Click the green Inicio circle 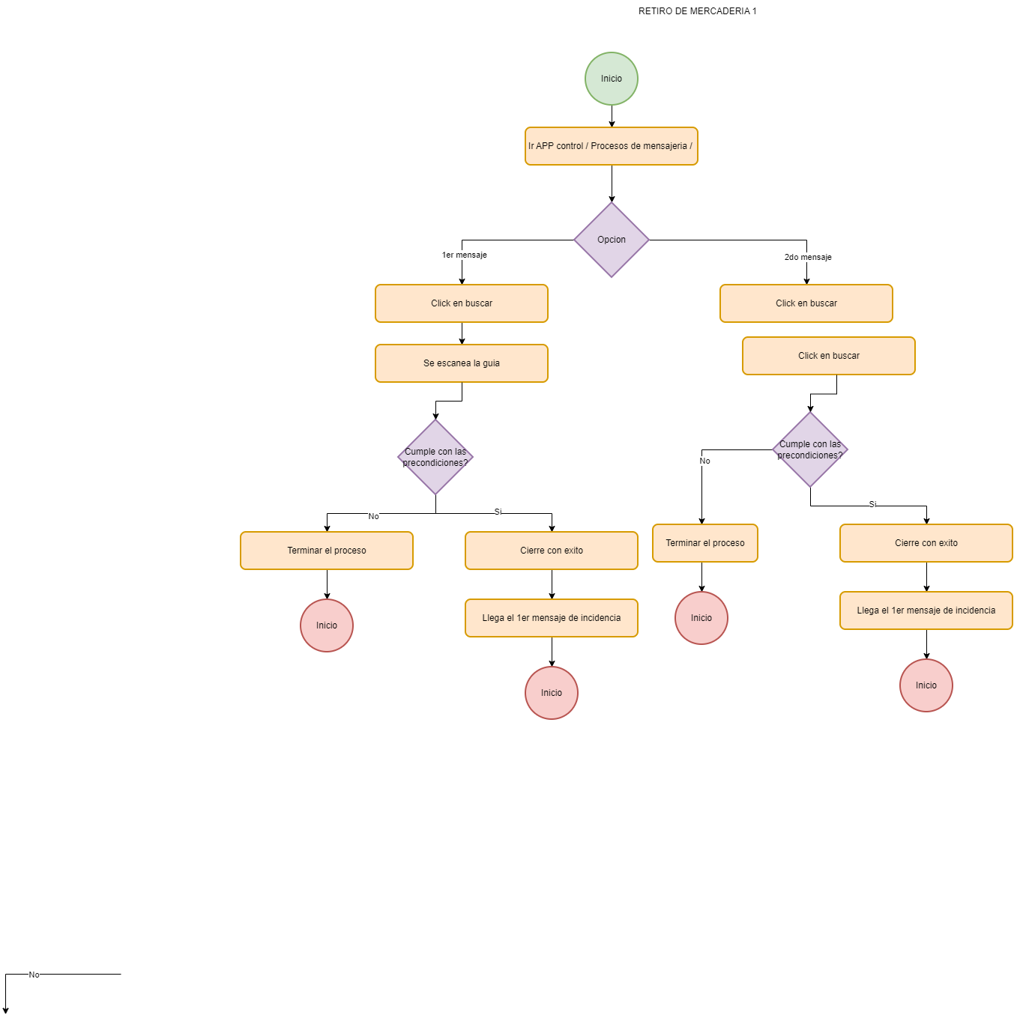pyautogui.click(x=612, y=79)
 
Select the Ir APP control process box pyautogui.click(x=612, y=146)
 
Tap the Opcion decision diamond pyautogui.click(x=612, y=240)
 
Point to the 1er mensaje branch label pyautogui.click(x=464, y=255)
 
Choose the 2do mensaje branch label pyautogui.click(x=808, y=258)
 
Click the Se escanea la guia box pyautogui.click(x=462, y=363)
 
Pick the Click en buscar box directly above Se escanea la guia pyautogui.click(x=462, y=303)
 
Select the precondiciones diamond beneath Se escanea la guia pyautogui.click(x=435, y=457)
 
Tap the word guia pyautogui.click(x=491, y=363)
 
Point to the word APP pyautogui.click(x=545, y=146)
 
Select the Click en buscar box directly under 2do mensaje pyautogui.click(x=806, y=303)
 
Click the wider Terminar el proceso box pyautogui.click(x=327, y=551)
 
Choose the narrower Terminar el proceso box pyautogui.click(x=705, y=543)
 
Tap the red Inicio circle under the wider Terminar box pyautogui.click(x=327, y=625)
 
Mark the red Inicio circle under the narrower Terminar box pyautogui.click(x=701, y=618)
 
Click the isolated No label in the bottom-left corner pyautogui.click(x=34, y=975)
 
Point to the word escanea pyautogui.click(x=453, y=363)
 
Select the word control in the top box pyautogui.click(x=570, y=146)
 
